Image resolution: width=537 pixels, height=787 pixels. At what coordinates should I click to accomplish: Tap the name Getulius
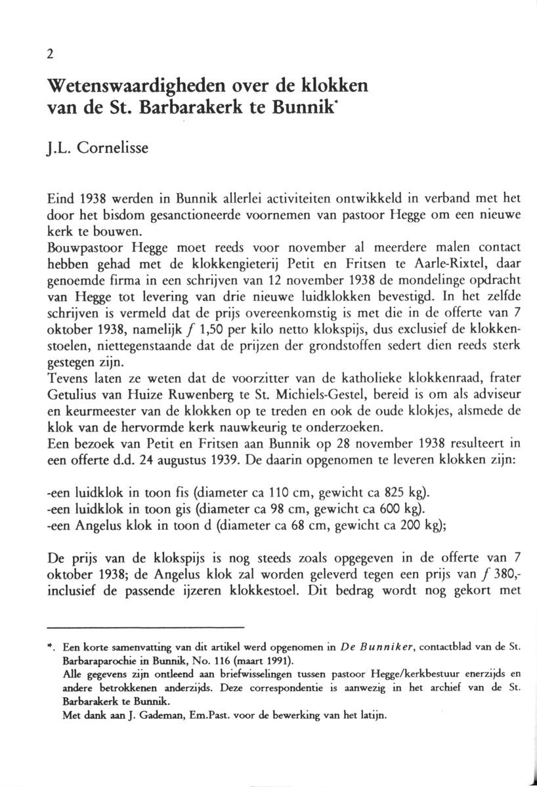click(74, 396)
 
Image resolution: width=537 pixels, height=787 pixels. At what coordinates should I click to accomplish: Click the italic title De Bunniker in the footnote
click(356, 647)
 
